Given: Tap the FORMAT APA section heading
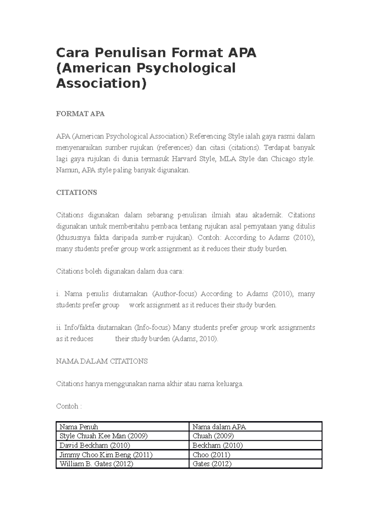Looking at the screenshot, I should [x=80, y=114].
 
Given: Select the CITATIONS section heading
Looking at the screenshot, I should [x=76, y=192].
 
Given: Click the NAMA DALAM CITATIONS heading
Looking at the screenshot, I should [x=102, y=361].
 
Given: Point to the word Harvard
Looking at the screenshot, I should [x=184, y=159].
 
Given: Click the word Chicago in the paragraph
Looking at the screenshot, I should [x=283, y=159].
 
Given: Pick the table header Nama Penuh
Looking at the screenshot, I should [x=79, y=427].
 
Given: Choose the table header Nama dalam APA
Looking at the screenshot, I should [x=219, y=427].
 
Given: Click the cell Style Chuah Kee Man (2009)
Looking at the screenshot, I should [x=103, y=436].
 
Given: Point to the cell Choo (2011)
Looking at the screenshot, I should [x=211, y=455].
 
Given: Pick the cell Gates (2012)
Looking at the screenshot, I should [x=212, y=464].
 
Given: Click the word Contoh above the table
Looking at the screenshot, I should [x=67, y=406].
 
